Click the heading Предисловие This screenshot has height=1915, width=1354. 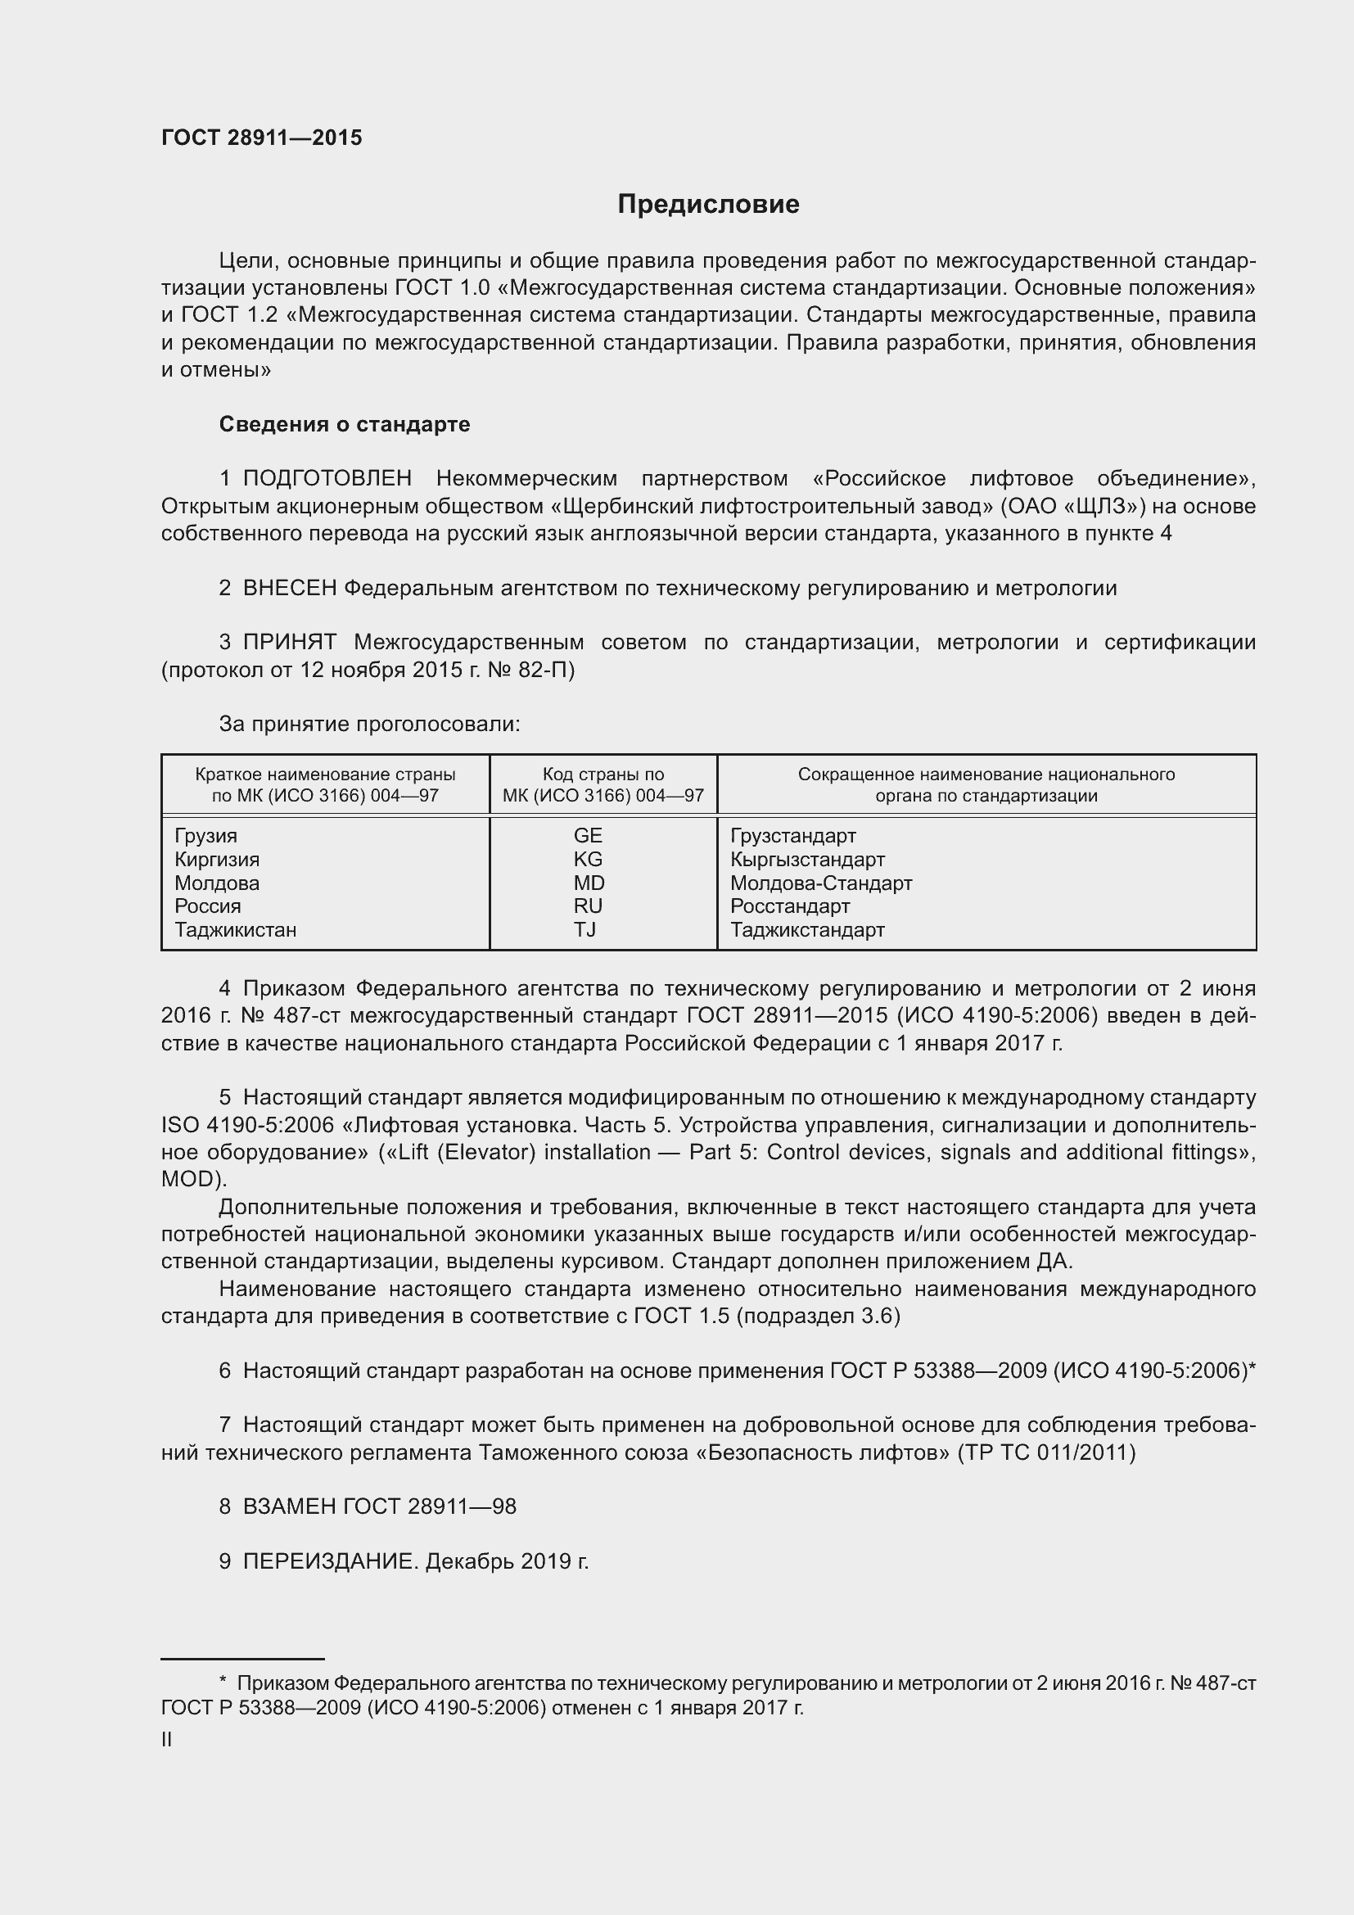click(708, 205)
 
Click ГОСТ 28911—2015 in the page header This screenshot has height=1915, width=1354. click(262, 138)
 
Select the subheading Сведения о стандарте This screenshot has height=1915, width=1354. click(345, 425)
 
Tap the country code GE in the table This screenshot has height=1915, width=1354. click(588, 836)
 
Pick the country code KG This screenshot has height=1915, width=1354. click(588, 859)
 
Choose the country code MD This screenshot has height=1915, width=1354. click(589, 883)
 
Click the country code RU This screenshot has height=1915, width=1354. click(588, 906)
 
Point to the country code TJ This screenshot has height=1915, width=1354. click(585, 929)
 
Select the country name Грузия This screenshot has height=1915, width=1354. click(206, 836)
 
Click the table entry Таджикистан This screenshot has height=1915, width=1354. click(235, 929)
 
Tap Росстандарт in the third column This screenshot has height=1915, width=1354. click(789, 906)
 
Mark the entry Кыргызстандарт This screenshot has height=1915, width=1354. click(807, 859)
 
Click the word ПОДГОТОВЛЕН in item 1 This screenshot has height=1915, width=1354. click(327, 479)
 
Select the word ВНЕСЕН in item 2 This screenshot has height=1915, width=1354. click(289, 588)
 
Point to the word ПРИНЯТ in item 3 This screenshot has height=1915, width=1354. click(289, 642)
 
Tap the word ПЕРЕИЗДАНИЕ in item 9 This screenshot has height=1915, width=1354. click(328, 1561)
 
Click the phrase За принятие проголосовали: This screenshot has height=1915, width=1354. click(369, 724)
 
